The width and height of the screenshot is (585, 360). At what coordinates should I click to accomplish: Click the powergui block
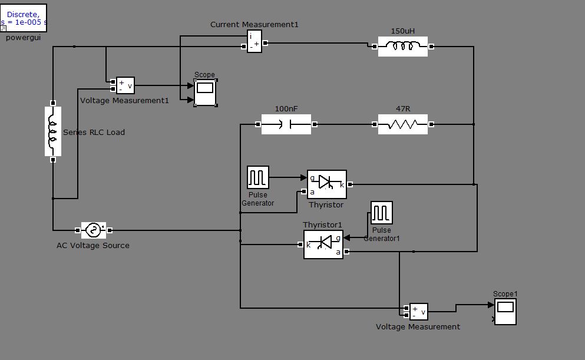point(23,18)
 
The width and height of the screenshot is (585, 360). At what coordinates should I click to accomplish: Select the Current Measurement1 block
point(255,42)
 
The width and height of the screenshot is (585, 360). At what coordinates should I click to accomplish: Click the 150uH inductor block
point(403,47)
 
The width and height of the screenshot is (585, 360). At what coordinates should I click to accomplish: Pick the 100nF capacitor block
point(286,124)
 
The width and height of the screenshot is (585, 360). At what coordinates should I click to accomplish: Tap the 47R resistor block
point(403,124)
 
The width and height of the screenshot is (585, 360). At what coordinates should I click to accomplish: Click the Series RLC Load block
point(53,131)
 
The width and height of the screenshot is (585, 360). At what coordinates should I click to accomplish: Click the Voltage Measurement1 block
point(125,85)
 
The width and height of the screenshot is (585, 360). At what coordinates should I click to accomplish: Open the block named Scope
point(205,92)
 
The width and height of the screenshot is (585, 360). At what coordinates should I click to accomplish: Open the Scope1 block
point(505,311)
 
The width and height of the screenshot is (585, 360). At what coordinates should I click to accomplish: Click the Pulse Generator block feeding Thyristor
point(258,177)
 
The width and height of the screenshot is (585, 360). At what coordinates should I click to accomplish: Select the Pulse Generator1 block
point(382,213)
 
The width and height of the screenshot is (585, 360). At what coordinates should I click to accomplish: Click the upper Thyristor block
point(327,184)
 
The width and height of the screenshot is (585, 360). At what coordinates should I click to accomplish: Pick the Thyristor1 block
point(323,245)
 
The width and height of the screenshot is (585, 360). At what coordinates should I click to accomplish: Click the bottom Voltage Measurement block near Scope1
point(419,312)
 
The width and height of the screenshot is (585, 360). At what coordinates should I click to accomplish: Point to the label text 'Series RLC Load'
point(94,133)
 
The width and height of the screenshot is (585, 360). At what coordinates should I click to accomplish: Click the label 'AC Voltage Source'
point(93,246)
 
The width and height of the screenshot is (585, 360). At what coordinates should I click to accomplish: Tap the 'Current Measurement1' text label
point(255,25)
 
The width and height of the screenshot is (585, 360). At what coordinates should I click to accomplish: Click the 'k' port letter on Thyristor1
point(309,245)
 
